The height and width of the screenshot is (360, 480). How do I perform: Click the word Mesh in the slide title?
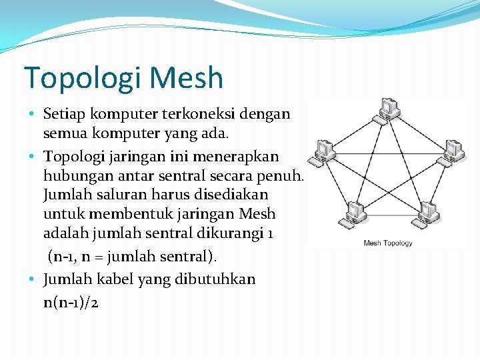pyautogui.click(x=186, y=77)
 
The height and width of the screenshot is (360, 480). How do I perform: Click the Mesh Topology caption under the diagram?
pyautogui.click(x=387, y=243)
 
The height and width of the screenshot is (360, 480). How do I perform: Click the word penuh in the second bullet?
pyautogui.click(x=283, y=176)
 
